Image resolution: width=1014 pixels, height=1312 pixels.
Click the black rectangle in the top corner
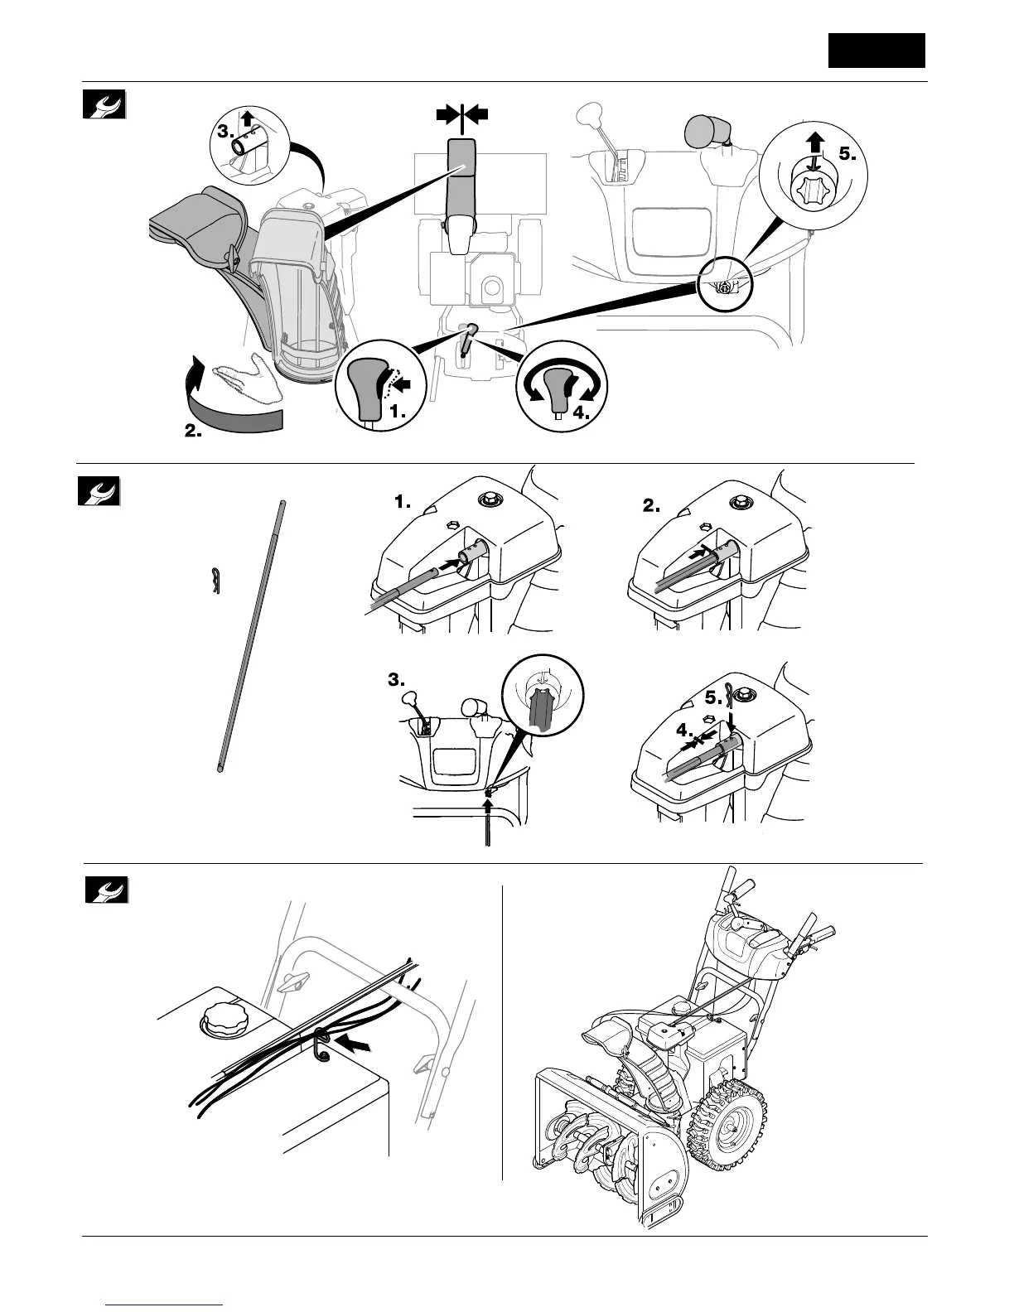876,51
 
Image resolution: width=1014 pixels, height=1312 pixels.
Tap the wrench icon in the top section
105,104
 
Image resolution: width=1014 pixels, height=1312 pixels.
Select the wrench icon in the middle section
99,491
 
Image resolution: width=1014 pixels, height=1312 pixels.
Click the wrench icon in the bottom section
105,890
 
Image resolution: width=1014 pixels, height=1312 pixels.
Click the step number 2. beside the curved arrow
192,432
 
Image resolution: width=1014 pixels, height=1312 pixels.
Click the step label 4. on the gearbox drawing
685,730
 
